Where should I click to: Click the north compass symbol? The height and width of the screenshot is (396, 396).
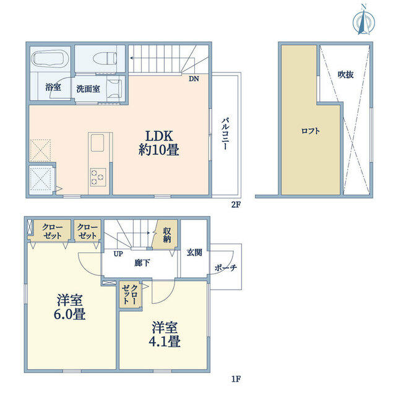click(x=364, y=20)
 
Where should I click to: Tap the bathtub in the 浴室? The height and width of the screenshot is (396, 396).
click(x=50, y=59)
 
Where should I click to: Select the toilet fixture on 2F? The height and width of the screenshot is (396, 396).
click(x=105, y=59)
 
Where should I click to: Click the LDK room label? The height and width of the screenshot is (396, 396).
click(x=159, y=143)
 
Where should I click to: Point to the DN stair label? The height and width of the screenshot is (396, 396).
click(x=194, y=79)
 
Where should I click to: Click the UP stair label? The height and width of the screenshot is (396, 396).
click(x=118, y=254)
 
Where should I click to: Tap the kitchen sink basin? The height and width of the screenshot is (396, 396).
click(x=97, y=143)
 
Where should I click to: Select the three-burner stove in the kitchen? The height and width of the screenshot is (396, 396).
click(x=98, y=177)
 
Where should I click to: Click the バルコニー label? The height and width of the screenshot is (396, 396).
click(x=225, y=134)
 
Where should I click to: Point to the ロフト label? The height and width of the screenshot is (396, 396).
click(x=311, y=131)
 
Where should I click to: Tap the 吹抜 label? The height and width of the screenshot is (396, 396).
click(x=345, y=74)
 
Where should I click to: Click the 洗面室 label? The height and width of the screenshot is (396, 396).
click(x=88, y=89)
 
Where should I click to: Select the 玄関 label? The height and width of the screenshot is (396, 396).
click(x=194, y=252)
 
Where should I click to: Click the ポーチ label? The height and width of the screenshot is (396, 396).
click(x=226, y=268)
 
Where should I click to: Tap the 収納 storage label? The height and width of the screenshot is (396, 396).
click(x=167, y=235)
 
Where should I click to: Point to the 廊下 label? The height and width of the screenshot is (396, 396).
click(x=142, y=263)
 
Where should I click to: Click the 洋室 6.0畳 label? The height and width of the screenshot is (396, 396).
click(x=70, y=307)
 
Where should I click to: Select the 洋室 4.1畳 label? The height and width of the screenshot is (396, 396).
click(x=165, y=334)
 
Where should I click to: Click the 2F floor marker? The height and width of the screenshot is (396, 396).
click(x=236, y=204)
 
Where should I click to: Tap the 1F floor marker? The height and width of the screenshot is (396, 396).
click(x=236, y=379)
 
